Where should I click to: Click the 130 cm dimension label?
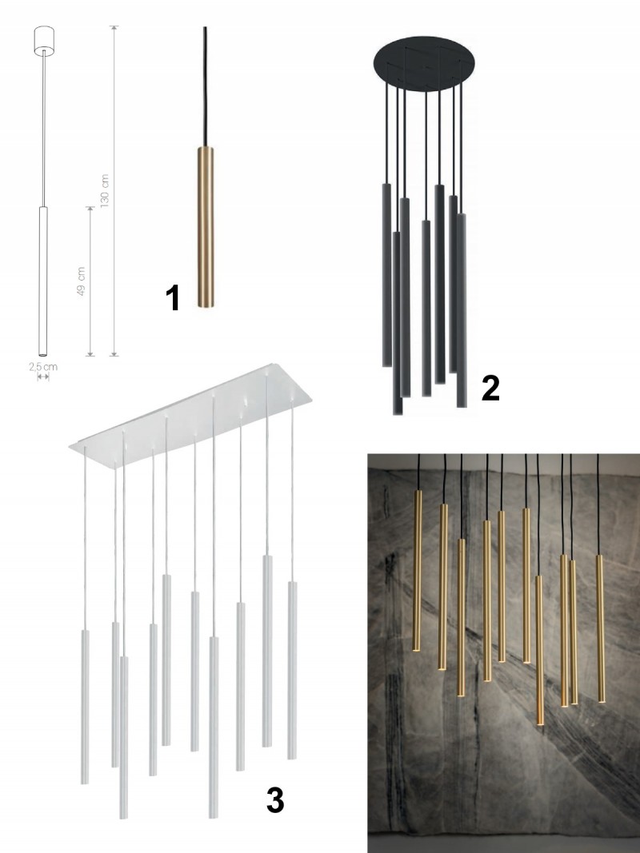click(x=105, y=190)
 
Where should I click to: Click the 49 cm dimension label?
click(x=81, y=281)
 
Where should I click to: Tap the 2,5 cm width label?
click(x=43, y=367)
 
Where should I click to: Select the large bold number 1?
click(x=173, y=298)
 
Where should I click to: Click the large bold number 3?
click(x=275, y=800)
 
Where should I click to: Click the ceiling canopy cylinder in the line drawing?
click(x=43, y=41)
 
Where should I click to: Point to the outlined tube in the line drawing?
click(x=43, y=281)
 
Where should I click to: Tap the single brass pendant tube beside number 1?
click(x=205, y=227)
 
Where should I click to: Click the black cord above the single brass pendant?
click(x=205, y=86)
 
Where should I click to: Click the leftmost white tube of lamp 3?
click(x=85, y=707)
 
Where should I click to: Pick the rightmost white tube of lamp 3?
click(x=292, y=670)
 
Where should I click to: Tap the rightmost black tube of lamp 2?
click(x=461, y=311)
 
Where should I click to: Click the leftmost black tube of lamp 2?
click(x=386, y=275)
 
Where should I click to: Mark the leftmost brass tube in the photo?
click(x=418, y=571)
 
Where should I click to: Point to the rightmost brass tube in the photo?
click(x=600, y=628)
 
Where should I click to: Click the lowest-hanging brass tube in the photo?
click(x=539, y=650)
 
